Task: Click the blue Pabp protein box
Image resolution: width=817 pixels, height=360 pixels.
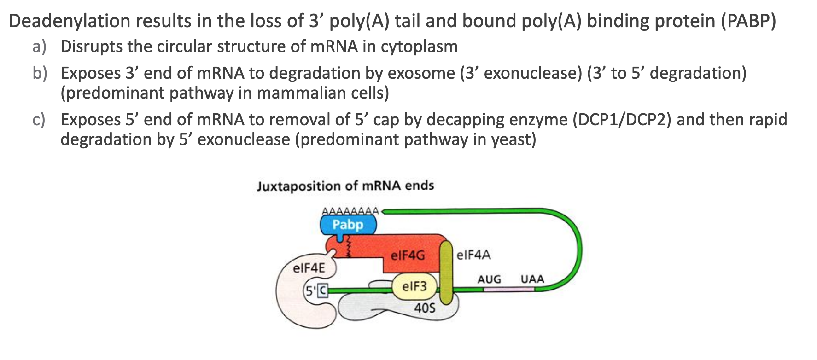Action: click(348, 225)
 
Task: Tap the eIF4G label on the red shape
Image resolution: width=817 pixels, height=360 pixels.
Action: click(408, 255)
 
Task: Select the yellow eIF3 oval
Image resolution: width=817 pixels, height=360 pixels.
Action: click(414, 286)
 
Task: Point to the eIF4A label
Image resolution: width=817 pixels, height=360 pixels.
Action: click(473, 255)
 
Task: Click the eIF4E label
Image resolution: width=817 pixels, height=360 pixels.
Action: click(309, 268)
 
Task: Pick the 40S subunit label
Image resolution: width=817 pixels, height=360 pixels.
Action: click(424, 308)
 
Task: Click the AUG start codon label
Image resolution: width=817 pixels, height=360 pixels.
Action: click(489, 279)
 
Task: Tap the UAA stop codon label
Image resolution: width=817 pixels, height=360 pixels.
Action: click(532, 279)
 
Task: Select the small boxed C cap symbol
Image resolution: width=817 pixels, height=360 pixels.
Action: click(322, 290)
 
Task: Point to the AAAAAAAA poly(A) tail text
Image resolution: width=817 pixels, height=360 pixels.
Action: click(350, 211)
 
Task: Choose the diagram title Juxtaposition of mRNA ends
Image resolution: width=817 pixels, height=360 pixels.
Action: click(345, 186)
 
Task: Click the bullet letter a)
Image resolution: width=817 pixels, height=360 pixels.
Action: click(39, 46)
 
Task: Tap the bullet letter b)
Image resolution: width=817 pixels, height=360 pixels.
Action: click(39, 73)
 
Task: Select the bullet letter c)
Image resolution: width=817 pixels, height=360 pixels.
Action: click(39, 120)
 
